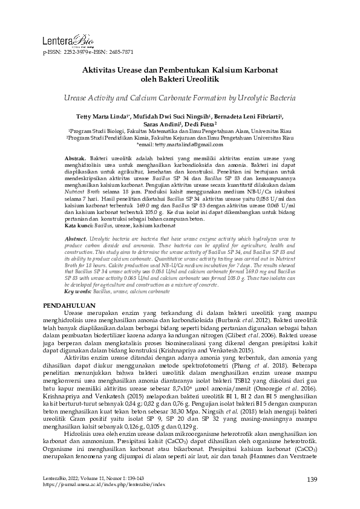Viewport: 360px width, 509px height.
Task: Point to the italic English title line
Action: [180, 97]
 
